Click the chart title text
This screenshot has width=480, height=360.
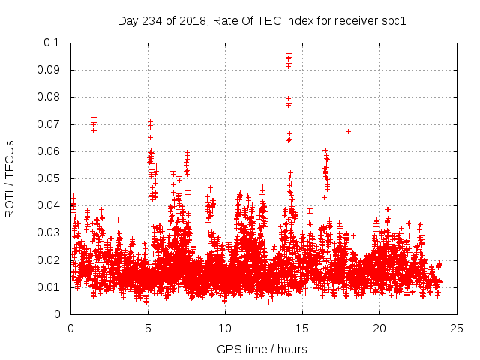(x=262, y=20)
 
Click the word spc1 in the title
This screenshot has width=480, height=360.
(x=393, y=20)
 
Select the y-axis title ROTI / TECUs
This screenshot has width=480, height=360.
(x=10, y=178)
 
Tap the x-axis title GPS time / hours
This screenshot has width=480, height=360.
(x=262, y=349)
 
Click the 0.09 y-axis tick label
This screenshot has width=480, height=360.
(x=50, y=70)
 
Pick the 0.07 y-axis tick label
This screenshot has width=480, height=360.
(x=50, y=124)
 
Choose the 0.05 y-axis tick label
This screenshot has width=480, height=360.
(x=50, y=178)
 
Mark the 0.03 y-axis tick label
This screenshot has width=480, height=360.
(x=50, y=232)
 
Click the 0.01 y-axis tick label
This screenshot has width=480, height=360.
(x=50, y=287)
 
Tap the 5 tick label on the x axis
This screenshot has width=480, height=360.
(x=148, y=328)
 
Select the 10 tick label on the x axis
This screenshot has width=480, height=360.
(x=225, y=328)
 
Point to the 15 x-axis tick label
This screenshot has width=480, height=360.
(x=302, y=328)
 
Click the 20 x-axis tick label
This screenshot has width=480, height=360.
(x=379, y=328)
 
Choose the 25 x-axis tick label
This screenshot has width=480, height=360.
(x=457, y=328)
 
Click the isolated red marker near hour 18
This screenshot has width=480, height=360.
(x=349, y=131)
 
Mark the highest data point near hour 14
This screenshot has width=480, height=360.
(x=289, y=54)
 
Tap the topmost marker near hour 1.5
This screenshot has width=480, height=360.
(x=94, y=118)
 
